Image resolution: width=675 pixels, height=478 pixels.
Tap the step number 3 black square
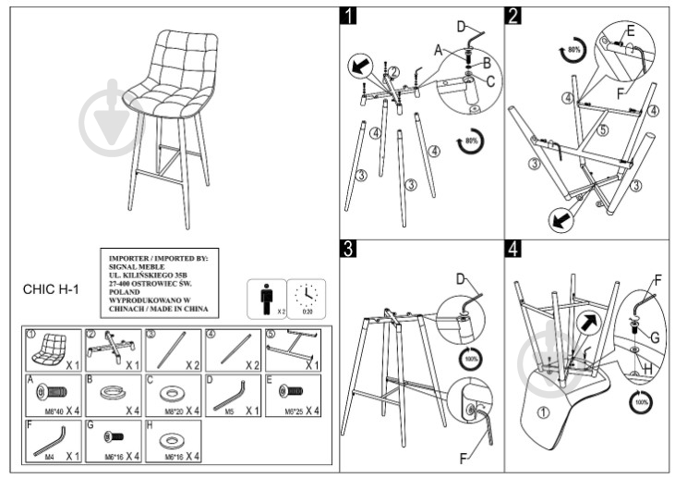349,248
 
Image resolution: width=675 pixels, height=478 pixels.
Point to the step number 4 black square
514,248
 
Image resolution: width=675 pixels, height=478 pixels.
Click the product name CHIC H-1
51,288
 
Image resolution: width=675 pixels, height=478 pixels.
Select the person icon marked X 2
266,298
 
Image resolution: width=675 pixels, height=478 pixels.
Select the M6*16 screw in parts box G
112,435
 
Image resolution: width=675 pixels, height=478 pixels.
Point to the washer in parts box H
171,435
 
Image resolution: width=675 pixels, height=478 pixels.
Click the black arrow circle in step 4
587,323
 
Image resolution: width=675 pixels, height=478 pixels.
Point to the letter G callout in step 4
654,337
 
